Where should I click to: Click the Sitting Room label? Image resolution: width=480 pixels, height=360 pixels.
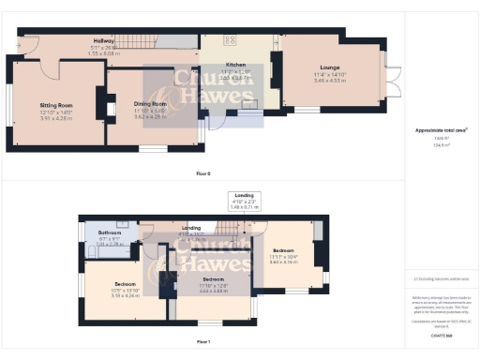click(55, 106)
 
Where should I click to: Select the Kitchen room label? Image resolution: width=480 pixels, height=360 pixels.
click(235, 65)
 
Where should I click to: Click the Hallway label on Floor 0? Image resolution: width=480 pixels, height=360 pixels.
click(90, 40)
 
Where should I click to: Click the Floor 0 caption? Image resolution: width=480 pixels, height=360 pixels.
click(202, 174)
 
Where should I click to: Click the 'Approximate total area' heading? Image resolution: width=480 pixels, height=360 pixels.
click(441, 128)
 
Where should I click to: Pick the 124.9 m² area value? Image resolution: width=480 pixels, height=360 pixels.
click(441, 144)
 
